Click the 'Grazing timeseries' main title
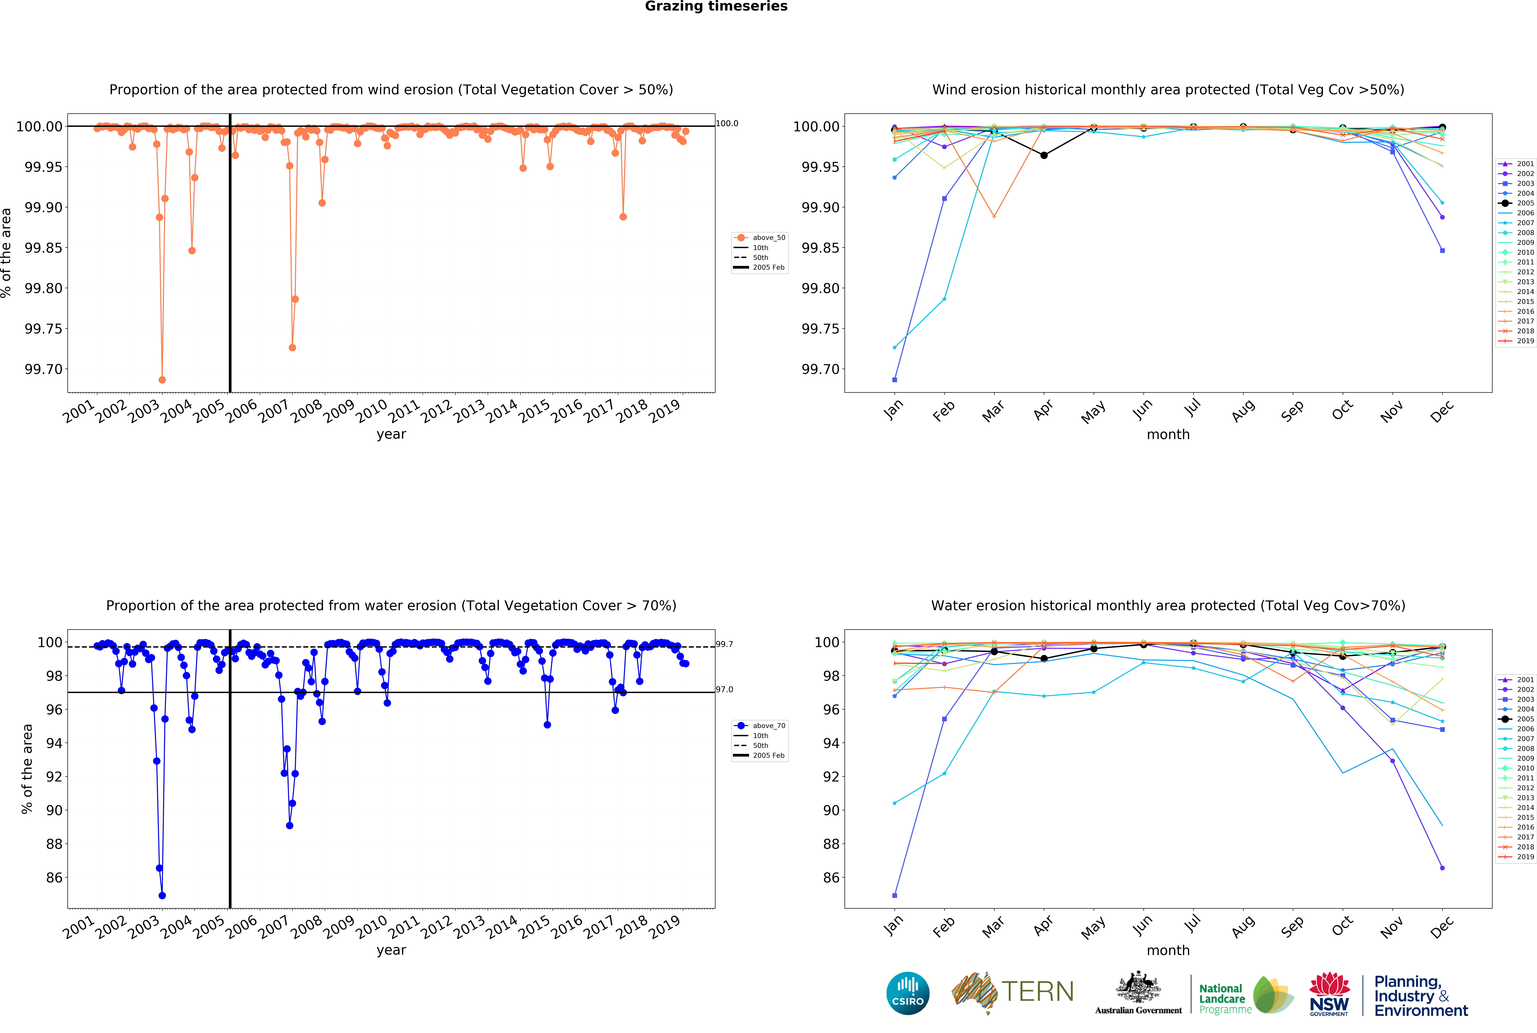coord(716,7)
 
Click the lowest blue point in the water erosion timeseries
coord(162,895)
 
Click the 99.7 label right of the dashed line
coord(724,644)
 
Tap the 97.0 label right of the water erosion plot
coord(724,690)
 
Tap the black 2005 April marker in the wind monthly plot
coord(1044,155)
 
